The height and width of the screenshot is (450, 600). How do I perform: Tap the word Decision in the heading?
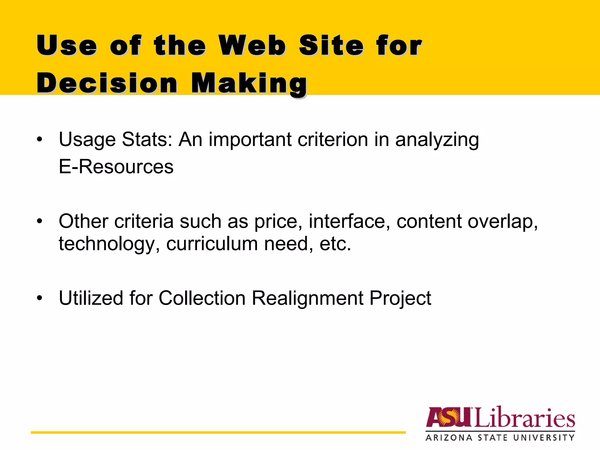[x=107, y=83]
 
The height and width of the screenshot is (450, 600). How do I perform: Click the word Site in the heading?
[x=331, y=45]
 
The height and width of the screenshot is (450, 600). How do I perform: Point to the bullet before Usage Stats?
[x=40, y=139]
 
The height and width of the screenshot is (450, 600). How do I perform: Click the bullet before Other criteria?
[x=40, y=221]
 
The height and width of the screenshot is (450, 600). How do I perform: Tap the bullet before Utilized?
[x=40, y=298]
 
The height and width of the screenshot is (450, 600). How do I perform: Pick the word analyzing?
[x=437, y=140]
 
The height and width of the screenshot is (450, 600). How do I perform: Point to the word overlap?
[x=503, y=222]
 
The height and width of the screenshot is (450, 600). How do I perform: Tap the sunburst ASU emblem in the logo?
[x=449, y=417]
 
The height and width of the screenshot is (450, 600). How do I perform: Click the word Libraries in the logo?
[x=524, y=417]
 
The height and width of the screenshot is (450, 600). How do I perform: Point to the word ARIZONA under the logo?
[x=449, y=438]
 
